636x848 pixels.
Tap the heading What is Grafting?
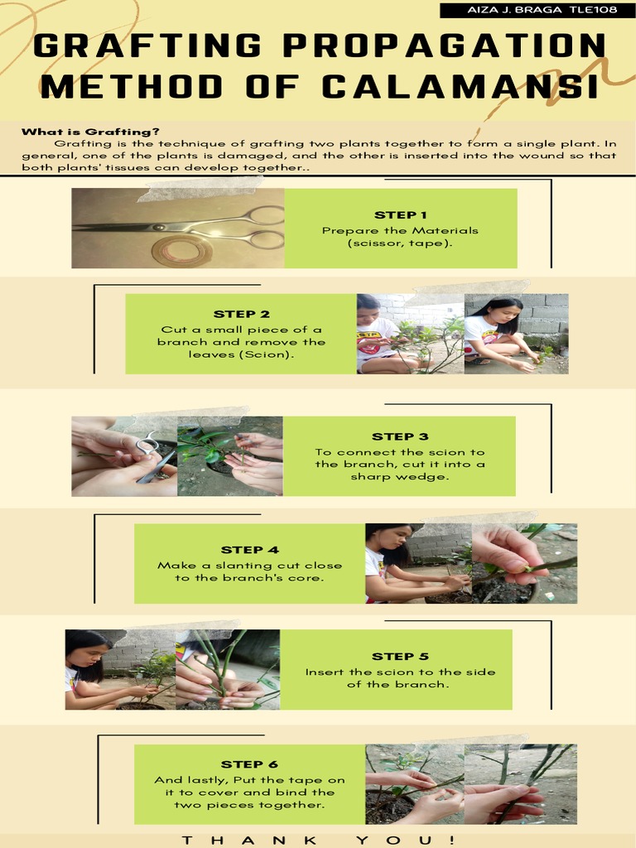click(90, 132)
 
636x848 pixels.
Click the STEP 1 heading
click(400, 215)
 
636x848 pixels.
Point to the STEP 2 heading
click(242, 314)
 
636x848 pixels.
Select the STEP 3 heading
click(400, 436)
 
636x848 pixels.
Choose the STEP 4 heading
click(249, 550)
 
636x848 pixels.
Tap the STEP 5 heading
click(400, 657)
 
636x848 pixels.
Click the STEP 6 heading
click(249, 764)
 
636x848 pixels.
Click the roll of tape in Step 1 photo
click(181, 250)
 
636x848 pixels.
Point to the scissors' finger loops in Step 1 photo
click(263, 228)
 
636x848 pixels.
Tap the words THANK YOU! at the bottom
click(318, 840)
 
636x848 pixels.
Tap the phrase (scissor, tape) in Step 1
click(400, 244)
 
